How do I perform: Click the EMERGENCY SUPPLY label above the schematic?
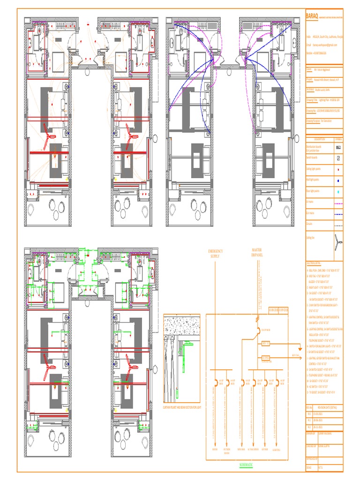point(216,253)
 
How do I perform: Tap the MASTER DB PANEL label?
point(257,253)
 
